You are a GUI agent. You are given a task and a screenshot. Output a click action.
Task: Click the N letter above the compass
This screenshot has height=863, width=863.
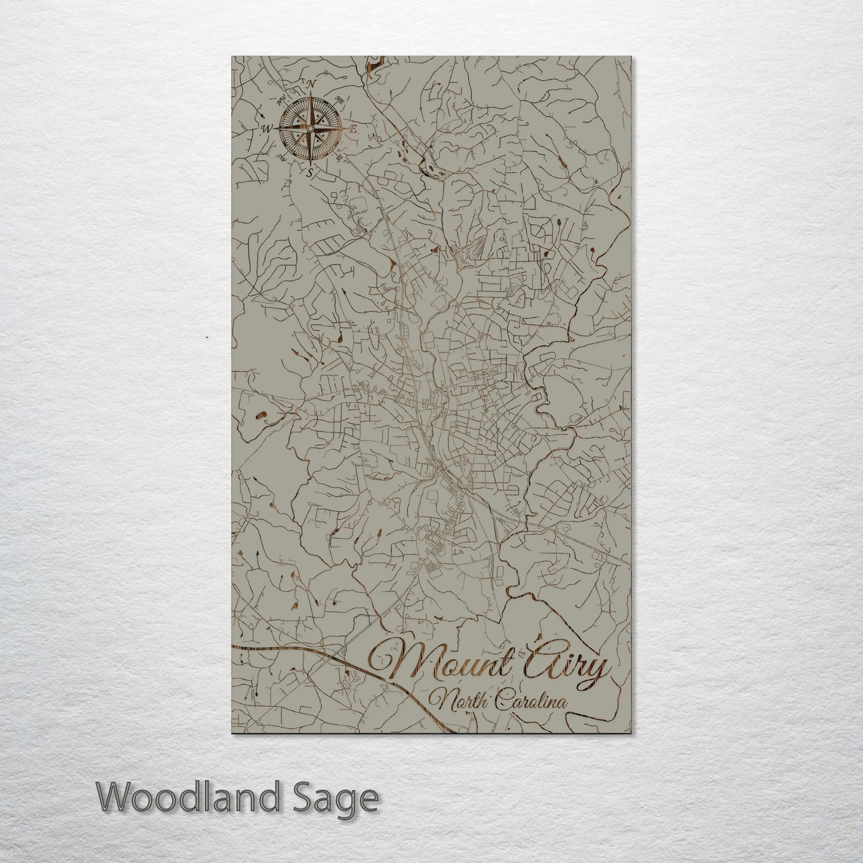[x=311, y=84]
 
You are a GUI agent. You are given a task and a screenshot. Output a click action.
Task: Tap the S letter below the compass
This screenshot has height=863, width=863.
[x=309, y=174]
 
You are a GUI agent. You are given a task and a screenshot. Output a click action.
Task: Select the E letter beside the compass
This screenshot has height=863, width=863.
[x=353, y=128]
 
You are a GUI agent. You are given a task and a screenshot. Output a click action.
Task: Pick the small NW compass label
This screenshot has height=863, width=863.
[x=280, y=99]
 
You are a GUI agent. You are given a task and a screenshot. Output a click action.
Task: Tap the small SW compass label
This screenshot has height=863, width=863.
[x=280, y=157]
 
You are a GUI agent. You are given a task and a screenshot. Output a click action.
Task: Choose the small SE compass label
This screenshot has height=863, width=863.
[x=340, y=157]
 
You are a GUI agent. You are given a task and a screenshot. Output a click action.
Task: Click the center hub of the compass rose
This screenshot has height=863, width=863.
[x=310, y=128]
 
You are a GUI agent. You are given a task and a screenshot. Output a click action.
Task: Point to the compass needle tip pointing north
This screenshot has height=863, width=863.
[x=311, y=94]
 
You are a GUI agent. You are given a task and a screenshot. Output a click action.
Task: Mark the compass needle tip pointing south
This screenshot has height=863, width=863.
[x=310, y=162]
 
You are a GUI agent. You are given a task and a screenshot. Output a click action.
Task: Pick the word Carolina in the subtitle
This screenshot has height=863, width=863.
[x=531, y=702]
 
